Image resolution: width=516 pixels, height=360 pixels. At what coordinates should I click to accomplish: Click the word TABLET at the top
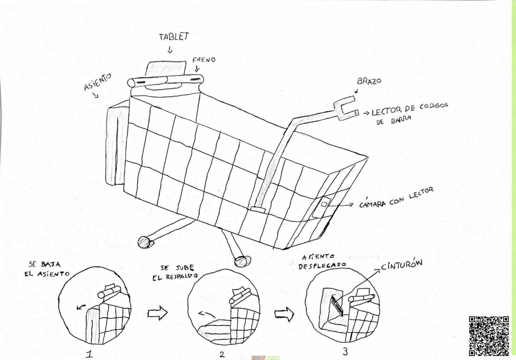174,37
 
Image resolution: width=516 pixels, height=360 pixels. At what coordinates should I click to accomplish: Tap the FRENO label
204,60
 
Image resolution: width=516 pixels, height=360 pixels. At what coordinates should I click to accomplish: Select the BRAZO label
369,81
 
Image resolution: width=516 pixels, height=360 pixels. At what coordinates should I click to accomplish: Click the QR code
489,336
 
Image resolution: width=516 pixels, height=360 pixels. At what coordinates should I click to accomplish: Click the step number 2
222,354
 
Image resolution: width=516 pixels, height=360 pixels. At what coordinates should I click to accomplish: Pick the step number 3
345,352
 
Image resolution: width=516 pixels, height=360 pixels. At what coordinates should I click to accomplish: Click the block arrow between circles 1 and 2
158,313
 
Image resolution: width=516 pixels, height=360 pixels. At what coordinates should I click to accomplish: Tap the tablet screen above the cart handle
166,68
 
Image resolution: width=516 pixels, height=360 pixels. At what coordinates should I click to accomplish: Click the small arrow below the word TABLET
170,50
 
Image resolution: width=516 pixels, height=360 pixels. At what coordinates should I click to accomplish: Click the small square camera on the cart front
324,204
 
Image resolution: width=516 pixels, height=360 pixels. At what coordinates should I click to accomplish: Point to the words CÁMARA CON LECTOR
396,197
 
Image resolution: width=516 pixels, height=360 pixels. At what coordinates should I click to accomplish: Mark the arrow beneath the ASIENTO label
95,95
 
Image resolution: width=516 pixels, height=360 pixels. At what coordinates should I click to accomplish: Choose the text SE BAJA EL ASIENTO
47,269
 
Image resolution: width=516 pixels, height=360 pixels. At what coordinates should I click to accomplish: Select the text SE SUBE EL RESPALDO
175,273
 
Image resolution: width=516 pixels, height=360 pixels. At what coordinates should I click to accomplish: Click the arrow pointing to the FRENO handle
197,69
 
